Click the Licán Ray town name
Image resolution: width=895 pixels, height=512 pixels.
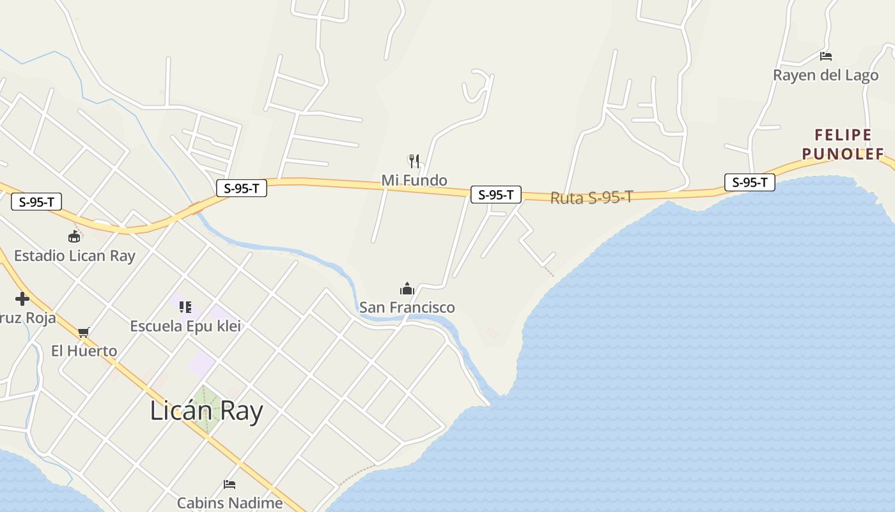[206, 411]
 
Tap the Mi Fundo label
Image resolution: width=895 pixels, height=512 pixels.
[414, 180]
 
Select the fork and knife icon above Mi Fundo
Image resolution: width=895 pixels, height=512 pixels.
[414, 161]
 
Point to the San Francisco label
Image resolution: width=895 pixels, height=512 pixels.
[407, 307]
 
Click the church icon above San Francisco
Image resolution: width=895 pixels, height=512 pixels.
[407, 289]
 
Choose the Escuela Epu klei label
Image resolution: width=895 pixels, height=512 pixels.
[185, 326]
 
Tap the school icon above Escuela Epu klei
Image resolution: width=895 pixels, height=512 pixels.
[185, 307]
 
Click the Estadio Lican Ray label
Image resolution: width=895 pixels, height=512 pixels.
[75, 256]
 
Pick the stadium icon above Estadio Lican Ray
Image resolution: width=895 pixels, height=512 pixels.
[75, 236]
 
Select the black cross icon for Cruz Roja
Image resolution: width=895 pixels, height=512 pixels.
[22, 299]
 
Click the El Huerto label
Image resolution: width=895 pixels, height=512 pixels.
[84, 351]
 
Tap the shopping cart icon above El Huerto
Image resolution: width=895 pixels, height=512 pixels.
[83, 332]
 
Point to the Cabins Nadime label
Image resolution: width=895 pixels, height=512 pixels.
[230, 503]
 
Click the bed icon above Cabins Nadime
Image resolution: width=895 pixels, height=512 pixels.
[230, 484]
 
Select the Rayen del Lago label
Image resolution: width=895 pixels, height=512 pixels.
[826, 75]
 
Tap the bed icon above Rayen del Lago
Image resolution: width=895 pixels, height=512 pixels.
[826, 56]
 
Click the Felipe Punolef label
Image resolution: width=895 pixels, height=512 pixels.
[843, 144]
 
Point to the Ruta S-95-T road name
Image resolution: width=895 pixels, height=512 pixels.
[591, 198]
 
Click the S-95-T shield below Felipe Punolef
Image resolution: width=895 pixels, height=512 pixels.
[749, 182]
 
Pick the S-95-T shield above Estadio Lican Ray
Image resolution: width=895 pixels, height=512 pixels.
[36, 202]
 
